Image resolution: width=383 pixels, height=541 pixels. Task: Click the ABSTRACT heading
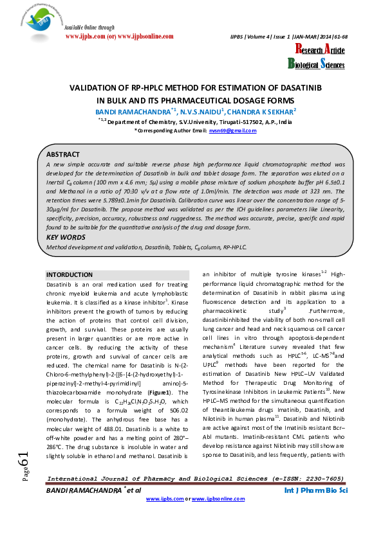[63, 154]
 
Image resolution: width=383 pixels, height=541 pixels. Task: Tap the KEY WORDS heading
[66, 237]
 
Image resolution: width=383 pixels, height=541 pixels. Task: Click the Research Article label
[315, 50]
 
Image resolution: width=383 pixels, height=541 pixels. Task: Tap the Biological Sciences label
[315, 64]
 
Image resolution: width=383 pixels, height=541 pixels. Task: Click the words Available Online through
[89, 28]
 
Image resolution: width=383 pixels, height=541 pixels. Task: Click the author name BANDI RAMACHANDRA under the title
[122, 111]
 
